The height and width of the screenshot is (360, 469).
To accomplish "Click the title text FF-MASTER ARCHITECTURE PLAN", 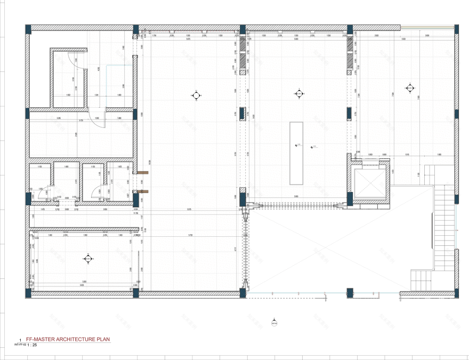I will click(x=68, y=339).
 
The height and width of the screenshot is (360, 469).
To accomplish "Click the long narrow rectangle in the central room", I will click(x=296, y=153).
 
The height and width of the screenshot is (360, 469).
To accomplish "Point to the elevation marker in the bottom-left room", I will click(x=87, y=259).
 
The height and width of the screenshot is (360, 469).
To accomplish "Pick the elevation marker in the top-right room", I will click(x=409, y=88).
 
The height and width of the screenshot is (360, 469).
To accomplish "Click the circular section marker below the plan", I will click(x=274, y=323).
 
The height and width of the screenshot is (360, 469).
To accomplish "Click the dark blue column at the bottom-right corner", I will click(x=457, y=292).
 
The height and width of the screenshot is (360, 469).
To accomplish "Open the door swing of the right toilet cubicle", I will click(x=98, y=191).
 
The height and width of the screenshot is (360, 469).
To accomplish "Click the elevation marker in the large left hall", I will click(x=196, y=95).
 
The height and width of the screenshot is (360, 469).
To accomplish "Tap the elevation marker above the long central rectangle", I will click(x=298, y=94).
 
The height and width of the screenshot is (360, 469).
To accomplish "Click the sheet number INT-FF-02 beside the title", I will click(x=20, y=345).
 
